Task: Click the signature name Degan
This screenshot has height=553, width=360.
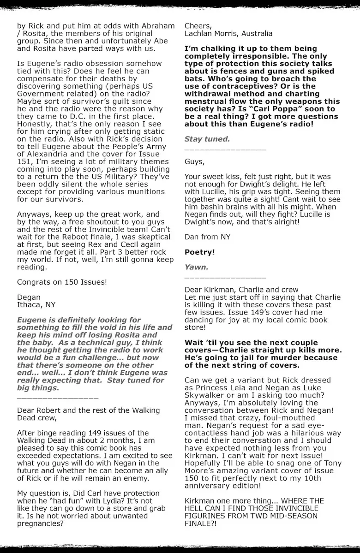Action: tap(29, 297)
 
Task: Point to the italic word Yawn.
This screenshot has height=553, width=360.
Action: tap(196, 267)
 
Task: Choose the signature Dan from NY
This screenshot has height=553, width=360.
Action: tap(207, 237)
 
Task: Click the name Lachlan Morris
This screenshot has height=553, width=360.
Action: tap(210, 34)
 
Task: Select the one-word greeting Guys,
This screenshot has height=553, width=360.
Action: tap(194, 161)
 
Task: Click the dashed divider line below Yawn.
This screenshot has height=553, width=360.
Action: tap(225, 278)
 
